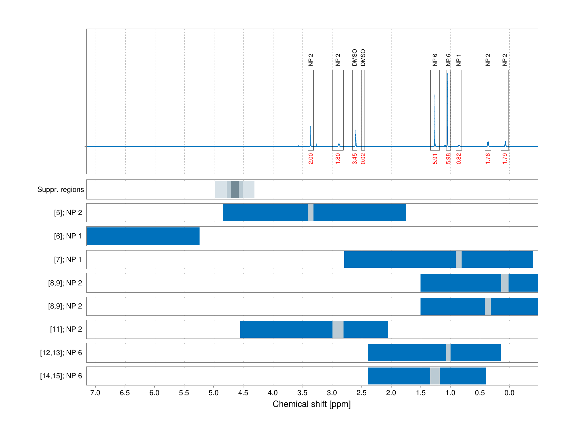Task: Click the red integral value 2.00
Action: pos(311,159)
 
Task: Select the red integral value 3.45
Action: pos(355,159)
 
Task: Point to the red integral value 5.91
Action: pos(435,159)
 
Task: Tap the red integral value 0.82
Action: pos(459,159)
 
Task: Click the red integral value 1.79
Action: pos(505,159)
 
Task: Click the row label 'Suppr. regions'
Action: pos(61,189)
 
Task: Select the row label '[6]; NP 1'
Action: pos(68,236)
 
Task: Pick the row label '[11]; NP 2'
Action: pos(66,329)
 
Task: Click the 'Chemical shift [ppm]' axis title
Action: pos(311,404)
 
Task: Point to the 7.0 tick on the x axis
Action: pos(95,393)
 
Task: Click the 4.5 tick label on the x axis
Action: pos(243,393)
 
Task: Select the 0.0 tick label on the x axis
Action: pos(509,393)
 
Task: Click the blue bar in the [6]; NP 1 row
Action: pos(143,236)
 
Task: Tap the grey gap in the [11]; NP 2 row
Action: pos(338,329)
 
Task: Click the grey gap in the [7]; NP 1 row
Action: pos(458,260)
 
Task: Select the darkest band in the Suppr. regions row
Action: pos(235,189)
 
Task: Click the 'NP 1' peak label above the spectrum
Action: pos(459,60)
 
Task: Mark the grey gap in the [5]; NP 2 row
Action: pos(311,213)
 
